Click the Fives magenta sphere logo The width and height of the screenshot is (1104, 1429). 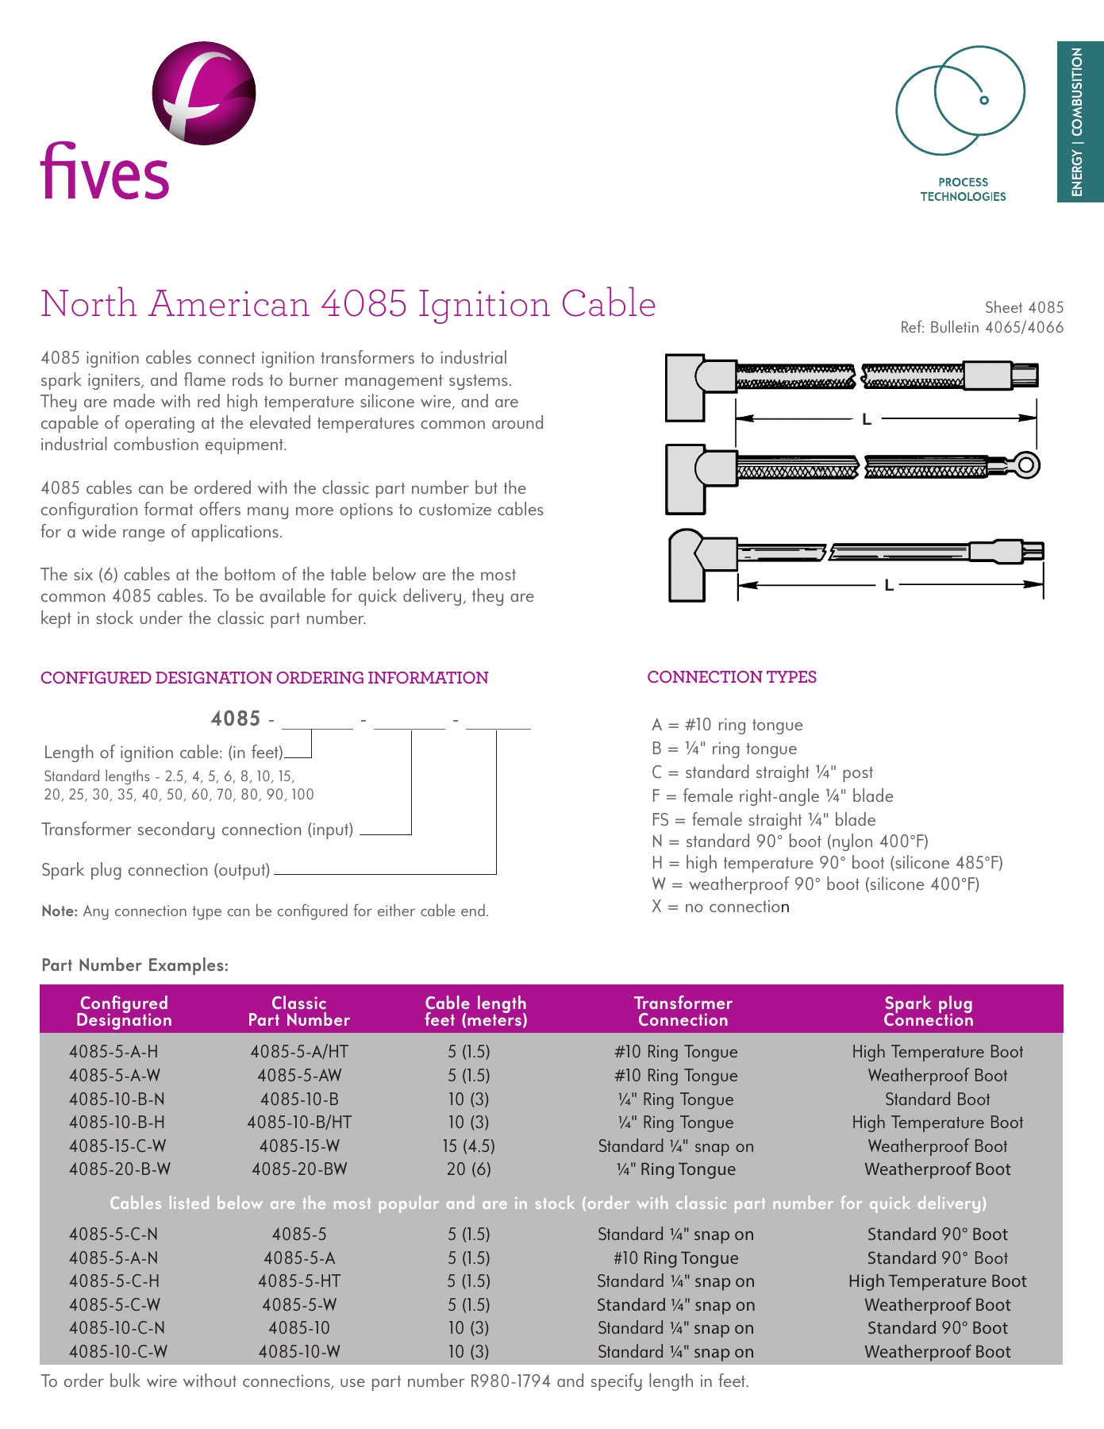[204, 94]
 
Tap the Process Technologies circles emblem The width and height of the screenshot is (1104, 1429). [960, 100]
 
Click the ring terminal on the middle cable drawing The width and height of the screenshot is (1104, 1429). [1026, 464]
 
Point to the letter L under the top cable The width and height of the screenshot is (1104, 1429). [867, 419]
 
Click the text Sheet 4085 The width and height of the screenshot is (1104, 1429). [1024, 307]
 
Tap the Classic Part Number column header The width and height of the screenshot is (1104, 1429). [298, 1011]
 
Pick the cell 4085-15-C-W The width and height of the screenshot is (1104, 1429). [117, 1146]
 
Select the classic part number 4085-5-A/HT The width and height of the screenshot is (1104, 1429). [299, 1052]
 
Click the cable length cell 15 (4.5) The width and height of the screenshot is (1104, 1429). [468, 1146]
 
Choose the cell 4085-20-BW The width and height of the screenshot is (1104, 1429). [299, 1169]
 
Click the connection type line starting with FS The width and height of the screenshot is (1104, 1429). [763, 819]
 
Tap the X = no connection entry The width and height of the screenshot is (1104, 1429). [720, 907]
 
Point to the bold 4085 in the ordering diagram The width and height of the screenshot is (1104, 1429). [236, 718]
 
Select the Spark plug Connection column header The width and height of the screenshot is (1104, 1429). [928, 1011]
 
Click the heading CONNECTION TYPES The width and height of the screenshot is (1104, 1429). [731, 677]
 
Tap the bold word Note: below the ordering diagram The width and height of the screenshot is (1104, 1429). [60, 911]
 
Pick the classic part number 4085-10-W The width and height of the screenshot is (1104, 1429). [299, 1351]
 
